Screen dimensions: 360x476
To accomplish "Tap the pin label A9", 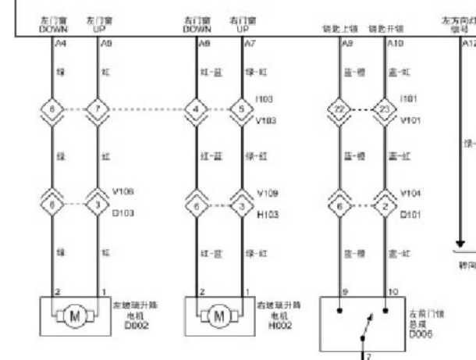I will tap(345, 45).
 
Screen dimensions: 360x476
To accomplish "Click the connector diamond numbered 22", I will tap(339, 109).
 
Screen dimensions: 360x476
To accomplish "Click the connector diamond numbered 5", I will tap(241, 109).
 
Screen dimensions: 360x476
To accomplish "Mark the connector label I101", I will tap(407, 99).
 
